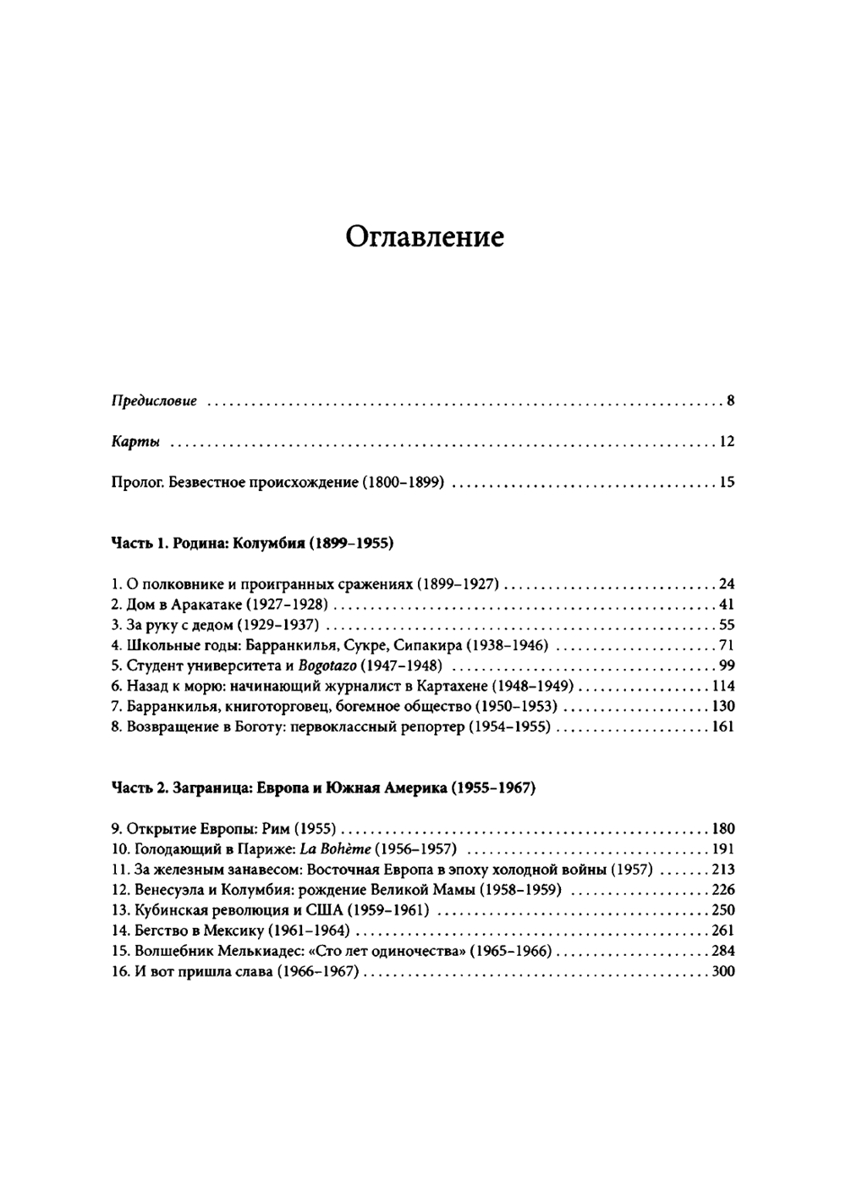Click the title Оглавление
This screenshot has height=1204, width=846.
pyautogui.click(x=425, y=236)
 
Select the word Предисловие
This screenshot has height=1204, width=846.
pyautogui.click(x=154, y=400)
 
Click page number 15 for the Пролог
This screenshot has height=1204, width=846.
pyautogui.click(x=727, y=483)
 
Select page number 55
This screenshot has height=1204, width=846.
pyautogui.click(x=727, y=625)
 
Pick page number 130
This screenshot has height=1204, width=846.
pyautogui.click(x=723, y=706)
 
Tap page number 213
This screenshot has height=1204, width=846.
pyautogui.click(x=723, y=869)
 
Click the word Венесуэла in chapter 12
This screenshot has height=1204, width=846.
pyautogui.click(x=170, y=889)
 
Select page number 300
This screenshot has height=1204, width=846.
pyautogui.click(x=723, y=970)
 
